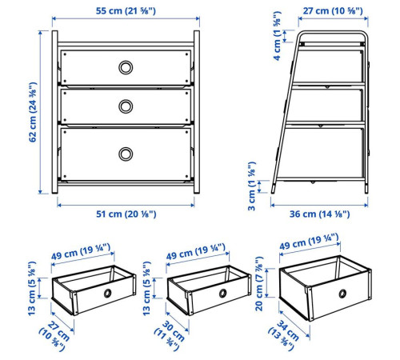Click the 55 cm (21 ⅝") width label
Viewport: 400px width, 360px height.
pos(126,11)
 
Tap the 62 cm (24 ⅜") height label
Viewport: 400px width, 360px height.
pos(33,112)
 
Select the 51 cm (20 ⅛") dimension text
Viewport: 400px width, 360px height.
pos(126,214)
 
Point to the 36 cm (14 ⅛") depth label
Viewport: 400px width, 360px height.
pos(319,214)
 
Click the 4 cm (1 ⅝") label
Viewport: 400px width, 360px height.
pos(278,36)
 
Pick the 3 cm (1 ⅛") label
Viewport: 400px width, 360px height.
pos(252,186)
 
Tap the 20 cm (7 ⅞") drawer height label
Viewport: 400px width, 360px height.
pos(259,284)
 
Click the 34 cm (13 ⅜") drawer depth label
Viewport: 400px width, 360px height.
pos(284,335)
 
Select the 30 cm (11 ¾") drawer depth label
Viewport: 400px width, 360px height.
pos(170,336)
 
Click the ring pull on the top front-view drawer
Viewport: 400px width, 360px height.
pos(126,67)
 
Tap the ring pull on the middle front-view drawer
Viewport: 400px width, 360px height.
pos(126,106)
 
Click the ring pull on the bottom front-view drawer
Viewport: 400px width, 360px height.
pos(126,154)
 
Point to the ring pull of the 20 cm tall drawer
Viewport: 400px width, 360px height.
pos(342,294)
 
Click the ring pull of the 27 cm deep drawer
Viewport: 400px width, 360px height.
pos(108,294)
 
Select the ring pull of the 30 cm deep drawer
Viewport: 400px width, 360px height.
pos(222,294)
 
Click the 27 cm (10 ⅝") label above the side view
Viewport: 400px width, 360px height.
pos(333,11)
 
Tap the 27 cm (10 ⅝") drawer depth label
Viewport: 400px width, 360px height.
pos(54,336)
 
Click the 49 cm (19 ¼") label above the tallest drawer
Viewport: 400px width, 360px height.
pos(309,242)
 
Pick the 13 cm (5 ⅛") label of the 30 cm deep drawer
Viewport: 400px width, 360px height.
pos(147,288)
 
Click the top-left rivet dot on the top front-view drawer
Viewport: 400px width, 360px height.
pos(65,54)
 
